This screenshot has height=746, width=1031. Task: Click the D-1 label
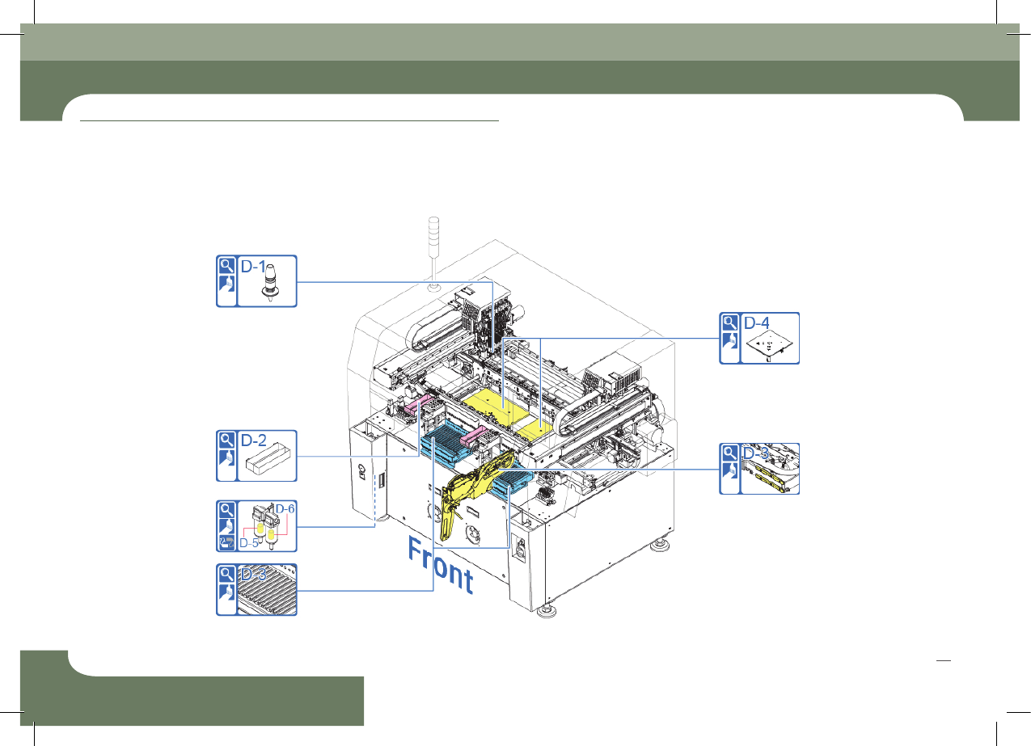(x=253, y=267)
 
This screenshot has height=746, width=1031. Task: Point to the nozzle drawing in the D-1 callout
(x=270, y=282)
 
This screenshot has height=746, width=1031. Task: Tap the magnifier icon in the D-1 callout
(x=226, y=265)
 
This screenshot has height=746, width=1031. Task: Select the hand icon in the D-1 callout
(x=226, y=284)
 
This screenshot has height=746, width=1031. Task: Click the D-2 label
(x=254, y=440)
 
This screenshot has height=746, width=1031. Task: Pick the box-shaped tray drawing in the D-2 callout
(x=268, y=458)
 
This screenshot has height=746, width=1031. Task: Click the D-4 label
(x=757, y=322)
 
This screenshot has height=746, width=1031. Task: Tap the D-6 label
(x=285, y=508)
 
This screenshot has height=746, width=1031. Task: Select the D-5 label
(x=249, y=543)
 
